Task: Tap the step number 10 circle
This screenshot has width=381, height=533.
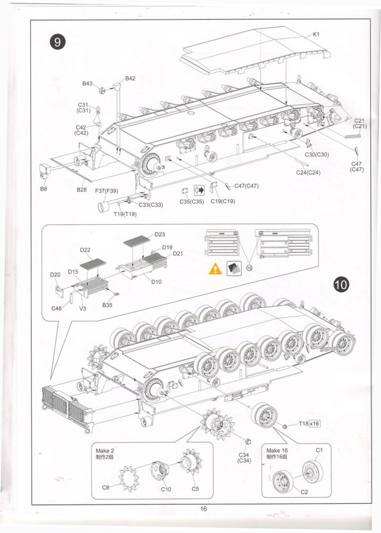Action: point(341,284)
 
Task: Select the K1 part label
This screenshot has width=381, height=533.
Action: point(317,35)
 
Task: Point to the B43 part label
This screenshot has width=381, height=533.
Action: point(88,83)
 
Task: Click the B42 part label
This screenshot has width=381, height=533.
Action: point(130,79)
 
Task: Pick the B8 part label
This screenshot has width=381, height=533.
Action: point(43,189)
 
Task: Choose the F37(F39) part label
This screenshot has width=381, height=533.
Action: point(107,191)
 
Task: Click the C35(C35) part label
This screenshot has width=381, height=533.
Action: point(192,202)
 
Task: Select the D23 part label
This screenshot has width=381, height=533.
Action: point(160,234)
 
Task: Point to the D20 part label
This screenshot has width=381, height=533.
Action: point(55,274)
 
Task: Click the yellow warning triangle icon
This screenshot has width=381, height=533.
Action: point(215,269)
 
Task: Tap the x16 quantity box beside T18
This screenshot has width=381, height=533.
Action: point(314,423)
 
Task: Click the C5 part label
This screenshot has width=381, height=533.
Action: point(195,488)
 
